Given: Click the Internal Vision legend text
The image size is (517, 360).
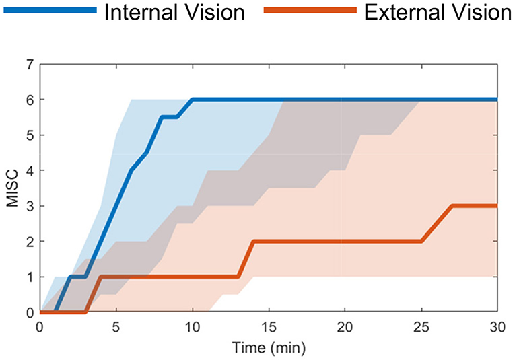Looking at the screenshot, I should pyautogui.click(x=174, y=12).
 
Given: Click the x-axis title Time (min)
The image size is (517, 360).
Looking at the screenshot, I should pyautogui.click(x=268, y=349).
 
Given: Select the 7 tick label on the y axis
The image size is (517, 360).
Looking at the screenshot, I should pyautogui.click(x=29, y=64).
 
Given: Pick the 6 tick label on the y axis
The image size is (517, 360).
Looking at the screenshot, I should pyautogui.click(x=29, y=100).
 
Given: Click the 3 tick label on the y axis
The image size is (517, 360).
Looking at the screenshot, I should pyautogui.click(x=29, y=206).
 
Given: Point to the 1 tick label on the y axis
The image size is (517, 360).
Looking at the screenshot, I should pyautogui.click(x=29, y=277).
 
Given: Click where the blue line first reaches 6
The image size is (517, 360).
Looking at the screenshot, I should pyautogui.click(x=193, y=100).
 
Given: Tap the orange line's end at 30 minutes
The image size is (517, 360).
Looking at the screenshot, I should pyautogui.click(x=496, y=206).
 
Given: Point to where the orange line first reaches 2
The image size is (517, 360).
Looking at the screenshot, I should pyautogui.click(x=253, y=241).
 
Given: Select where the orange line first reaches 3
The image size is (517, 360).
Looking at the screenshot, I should pyautogui.click(x=452, y=206).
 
